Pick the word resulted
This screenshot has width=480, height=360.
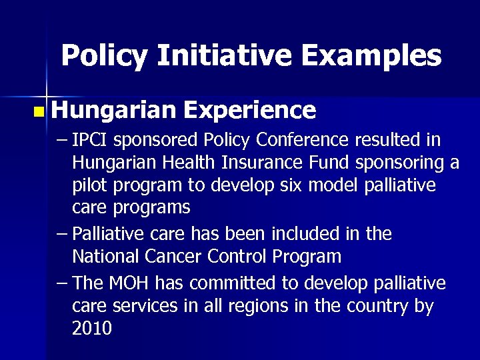tap(395, 141)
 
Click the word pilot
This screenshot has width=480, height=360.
tap(89, 185)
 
